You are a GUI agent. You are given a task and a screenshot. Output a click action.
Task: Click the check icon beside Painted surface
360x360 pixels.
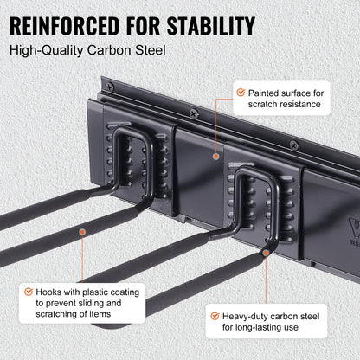click(x=238, y=92)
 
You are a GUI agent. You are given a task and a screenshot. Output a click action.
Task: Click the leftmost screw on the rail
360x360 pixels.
click(x=110, y=87)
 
